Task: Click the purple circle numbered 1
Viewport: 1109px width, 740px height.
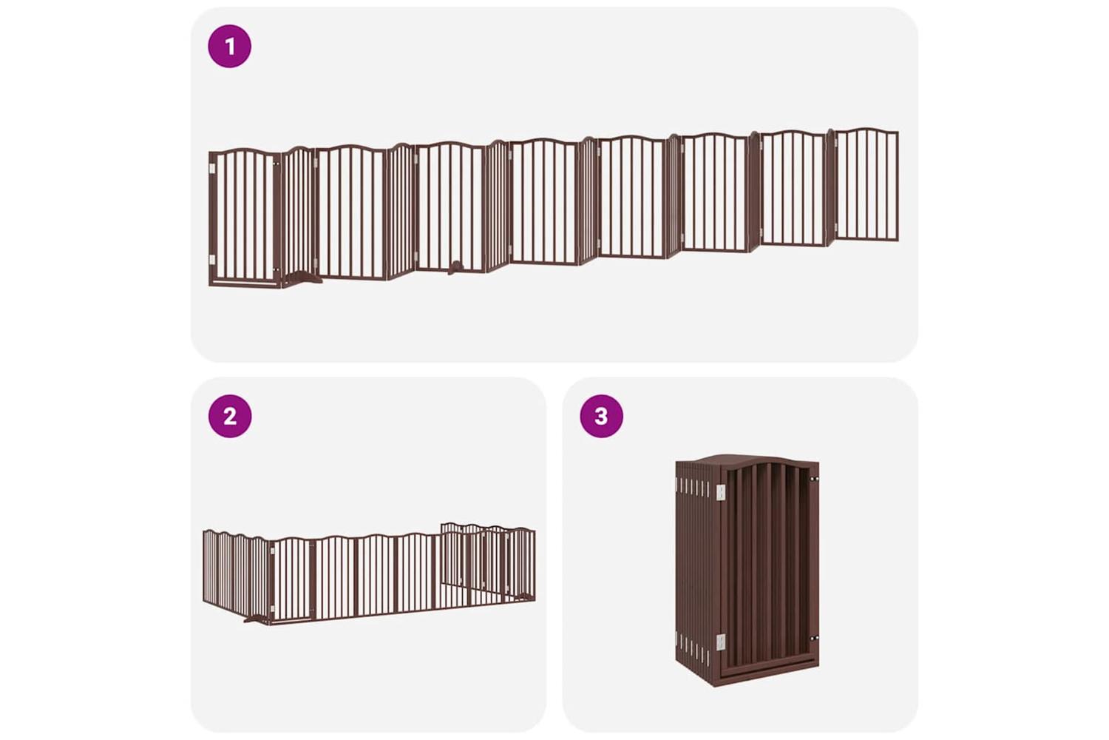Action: click(229, 46)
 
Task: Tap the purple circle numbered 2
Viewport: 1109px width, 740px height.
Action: click(230, 416)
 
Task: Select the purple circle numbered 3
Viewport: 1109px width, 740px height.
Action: click(601, 416)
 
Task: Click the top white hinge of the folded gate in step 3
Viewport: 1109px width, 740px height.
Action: click(720, 491)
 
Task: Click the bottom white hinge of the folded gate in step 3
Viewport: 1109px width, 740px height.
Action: click(720, 642)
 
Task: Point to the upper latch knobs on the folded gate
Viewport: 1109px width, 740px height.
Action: click(813, 479)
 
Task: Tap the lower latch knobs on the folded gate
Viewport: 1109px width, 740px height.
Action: click(813, 639)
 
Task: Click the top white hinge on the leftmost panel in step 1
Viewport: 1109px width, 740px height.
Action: click(212, 169)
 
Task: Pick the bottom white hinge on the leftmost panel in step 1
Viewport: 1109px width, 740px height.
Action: click(212, 260)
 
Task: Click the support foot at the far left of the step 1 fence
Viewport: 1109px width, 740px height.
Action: click(303, 277)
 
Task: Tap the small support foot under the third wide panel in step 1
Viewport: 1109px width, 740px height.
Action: click(456, 268)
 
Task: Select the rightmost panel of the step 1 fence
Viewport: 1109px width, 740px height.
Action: click(866, 184)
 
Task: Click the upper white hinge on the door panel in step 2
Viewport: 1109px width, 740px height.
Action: click(272, 551)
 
